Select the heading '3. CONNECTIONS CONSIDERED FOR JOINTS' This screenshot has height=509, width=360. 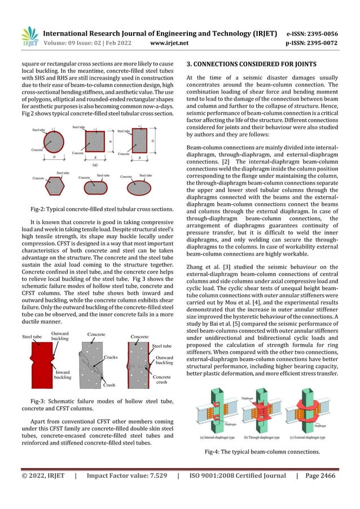coord(251,64)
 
